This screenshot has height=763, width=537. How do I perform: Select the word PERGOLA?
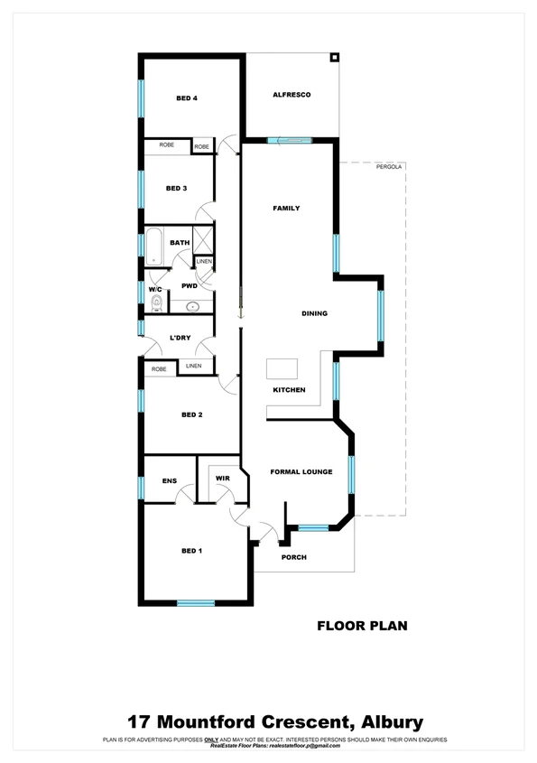click(390, 167)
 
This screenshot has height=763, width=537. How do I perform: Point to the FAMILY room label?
click(286, 209)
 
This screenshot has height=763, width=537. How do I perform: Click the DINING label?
click(314, 314)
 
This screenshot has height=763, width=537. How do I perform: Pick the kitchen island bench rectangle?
click(282, 368)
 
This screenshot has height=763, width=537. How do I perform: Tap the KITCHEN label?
click(289, 390)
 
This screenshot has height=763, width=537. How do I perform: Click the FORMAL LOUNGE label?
click(301, 472)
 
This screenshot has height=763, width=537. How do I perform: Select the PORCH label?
click(293, 557)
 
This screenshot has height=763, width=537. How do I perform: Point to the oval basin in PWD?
click(192, 307)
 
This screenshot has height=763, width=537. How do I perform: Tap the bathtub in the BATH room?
click(153, 244)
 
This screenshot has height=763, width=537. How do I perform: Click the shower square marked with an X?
click(204, 240)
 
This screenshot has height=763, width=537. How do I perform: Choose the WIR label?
click(221, 479)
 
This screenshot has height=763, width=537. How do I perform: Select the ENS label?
click(168, 481)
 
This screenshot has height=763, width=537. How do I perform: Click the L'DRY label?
click(180, 339)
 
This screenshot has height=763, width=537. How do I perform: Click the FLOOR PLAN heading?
click(362, 624)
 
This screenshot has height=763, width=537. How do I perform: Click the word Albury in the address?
click(391, 721)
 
